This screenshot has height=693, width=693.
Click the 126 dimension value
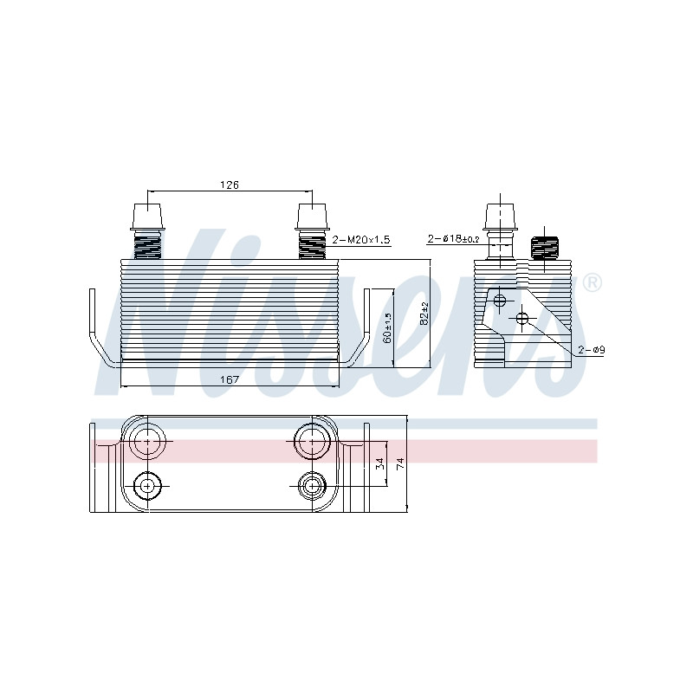click(x=230, y=185)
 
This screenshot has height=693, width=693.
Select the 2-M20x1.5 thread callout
click(x=361, y=240)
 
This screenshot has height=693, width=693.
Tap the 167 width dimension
click(x=230, y=379)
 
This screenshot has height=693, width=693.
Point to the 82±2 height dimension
click(x=424, y=314)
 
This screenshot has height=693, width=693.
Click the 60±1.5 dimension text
click(x=387, y=327)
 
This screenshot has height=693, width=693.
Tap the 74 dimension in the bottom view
click(x=400, y=463)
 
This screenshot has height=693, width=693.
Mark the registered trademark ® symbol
click(x=593, y=283)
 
